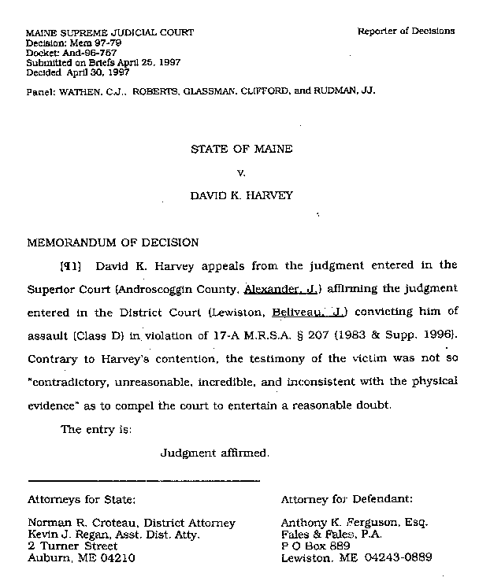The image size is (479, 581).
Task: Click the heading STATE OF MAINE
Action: coord(242,147)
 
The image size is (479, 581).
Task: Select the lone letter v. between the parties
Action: coord(242,171)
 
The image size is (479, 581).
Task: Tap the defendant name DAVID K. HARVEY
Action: coord(242,195)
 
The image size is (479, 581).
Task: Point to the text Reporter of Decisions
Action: coord(406,31)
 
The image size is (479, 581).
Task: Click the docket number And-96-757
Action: coord(82,54)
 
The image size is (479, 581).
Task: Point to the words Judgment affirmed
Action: coord(215,453)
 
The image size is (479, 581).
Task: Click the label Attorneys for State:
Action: coord(82,498)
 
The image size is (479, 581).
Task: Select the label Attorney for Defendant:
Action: coord(347,498)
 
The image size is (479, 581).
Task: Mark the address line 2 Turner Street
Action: coord(72,546)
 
